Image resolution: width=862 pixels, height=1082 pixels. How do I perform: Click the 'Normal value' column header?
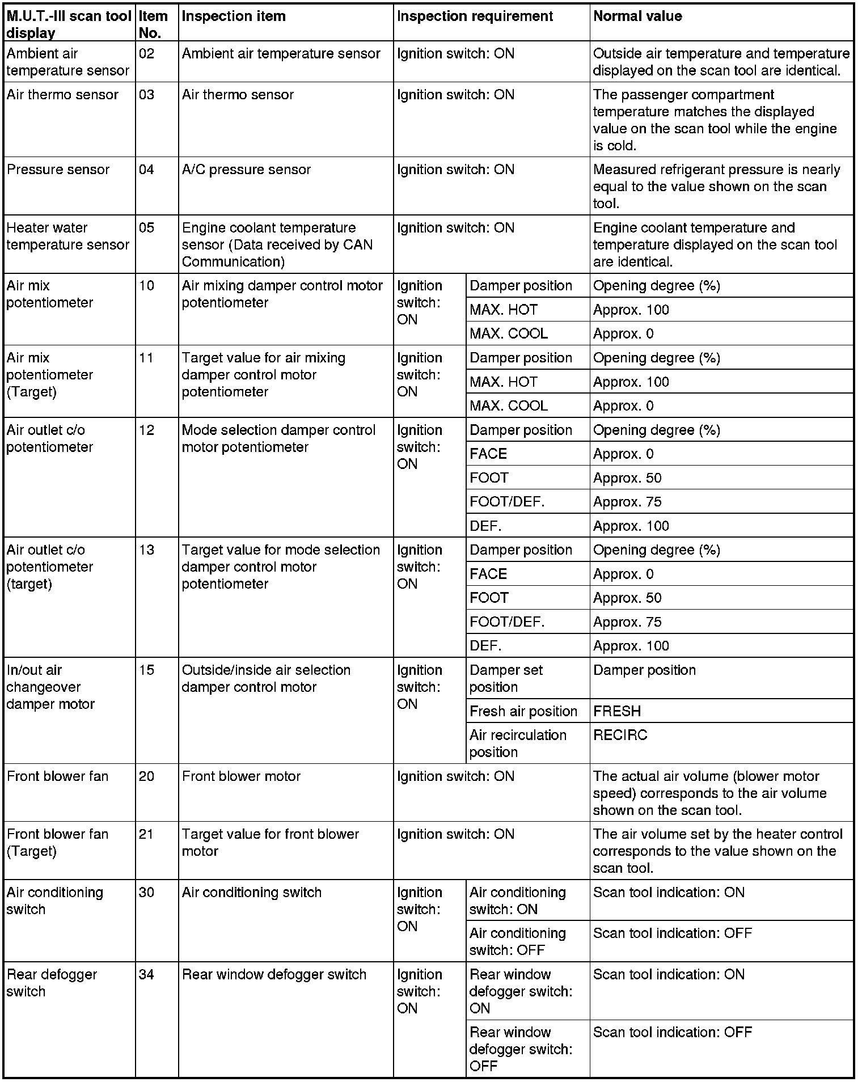(x=637, y=16)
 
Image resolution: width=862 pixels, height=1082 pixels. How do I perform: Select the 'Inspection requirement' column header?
(x=475, y=16)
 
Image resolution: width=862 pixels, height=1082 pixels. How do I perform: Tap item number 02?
(x=146, y=54)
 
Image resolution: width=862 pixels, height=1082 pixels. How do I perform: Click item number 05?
(x=146, y=228)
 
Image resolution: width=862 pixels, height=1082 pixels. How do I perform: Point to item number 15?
(x=146, y=670)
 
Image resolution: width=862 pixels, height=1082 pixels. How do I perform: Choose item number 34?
(x=146, y=975)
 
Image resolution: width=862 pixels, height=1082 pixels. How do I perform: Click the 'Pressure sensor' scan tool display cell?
(x=58, y=170)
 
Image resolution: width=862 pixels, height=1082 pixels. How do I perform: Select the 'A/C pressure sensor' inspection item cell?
(x=246, y=170)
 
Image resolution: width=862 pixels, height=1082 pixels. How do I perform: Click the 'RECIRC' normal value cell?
(x=620, y=735)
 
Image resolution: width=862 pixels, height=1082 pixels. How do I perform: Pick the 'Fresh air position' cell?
(x=523, y=711)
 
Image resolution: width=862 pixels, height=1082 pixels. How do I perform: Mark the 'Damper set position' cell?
(x=506, y=678)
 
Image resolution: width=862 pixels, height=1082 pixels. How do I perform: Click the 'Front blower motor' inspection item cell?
(x=241, y=776)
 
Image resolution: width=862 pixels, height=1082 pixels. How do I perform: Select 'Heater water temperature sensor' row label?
(x=67, y=236)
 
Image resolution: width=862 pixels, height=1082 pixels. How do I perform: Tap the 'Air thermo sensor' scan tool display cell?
(x=62, y=95)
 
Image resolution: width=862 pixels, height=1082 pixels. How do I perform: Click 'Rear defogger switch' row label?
(x=52, y=983)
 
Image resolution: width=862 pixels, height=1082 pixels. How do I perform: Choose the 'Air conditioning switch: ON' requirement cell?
(x=517, y=901)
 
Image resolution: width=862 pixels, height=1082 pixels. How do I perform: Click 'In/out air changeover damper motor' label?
(x=50, y=687)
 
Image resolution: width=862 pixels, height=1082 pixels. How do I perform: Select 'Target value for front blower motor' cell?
(x=270, y=842)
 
